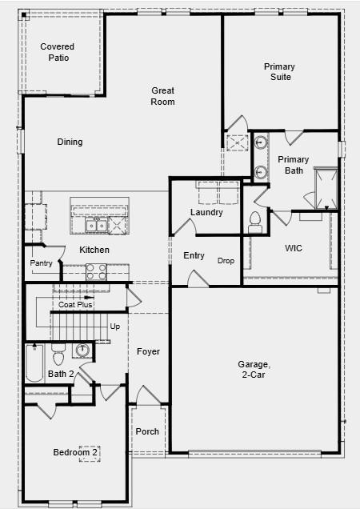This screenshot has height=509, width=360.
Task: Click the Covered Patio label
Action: [58, 52]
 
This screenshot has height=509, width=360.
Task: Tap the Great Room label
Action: [162, 96]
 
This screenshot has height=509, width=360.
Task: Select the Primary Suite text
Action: [279, 72]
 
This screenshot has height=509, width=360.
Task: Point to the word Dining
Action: [70, 142]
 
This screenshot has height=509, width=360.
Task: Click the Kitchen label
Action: [94, 250]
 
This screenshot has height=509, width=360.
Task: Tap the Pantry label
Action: [41, 263]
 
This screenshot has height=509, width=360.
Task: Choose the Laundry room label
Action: [206, 212]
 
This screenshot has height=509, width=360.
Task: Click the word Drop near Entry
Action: [226, 261]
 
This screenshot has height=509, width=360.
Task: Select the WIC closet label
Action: [294, 248]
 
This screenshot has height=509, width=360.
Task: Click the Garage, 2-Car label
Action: [254, 370]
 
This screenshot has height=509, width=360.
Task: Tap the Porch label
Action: [147, 431]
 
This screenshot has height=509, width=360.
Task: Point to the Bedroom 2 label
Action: [75, 452]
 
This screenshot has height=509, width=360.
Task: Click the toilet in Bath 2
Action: [58, 355]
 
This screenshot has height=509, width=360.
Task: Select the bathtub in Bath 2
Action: [34, 363]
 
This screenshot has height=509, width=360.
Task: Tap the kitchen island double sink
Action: [97, 225]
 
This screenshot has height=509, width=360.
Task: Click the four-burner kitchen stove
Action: [97, 272]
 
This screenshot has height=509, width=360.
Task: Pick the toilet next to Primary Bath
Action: [255, 222]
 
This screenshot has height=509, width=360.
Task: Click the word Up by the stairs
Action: [115, 327]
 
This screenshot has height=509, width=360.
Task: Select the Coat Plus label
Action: [75, 304]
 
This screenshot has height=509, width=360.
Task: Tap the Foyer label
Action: [148, 351]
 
